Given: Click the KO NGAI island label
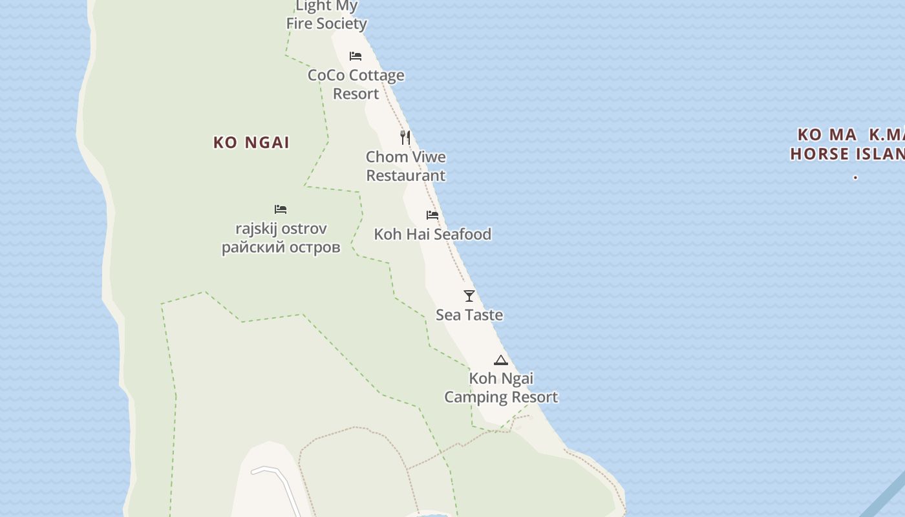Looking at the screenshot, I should [251, 143].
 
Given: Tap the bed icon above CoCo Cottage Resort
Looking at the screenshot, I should [355, 56].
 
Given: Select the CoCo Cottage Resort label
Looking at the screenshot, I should [356, 84].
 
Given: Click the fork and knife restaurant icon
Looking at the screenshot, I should [405, 138].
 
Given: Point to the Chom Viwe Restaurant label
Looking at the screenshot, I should [406, 166].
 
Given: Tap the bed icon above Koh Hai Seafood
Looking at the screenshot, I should [432, 215].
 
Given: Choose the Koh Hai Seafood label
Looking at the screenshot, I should [432, 234].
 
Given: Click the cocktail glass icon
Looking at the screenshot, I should [469, 296].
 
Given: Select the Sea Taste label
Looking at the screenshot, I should [469, 315].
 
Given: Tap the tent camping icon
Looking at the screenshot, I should [501, 361].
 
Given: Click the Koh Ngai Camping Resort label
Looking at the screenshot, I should [501, 387].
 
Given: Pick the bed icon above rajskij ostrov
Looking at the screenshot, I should [281, 209].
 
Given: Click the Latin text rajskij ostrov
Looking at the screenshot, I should [281, 228].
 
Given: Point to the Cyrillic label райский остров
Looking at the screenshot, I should [281, 247].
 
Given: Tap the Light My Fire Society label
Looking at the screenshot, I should [326, 16].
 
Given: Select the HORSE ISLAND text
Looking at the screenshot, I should [847, 154].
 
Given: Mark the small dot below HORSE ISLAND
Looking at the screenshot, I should [855, 176].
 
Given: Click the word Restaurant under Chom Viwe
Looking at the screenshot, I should [406, 175].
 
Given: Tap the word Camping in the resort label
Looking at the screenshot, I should [476, 396].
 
